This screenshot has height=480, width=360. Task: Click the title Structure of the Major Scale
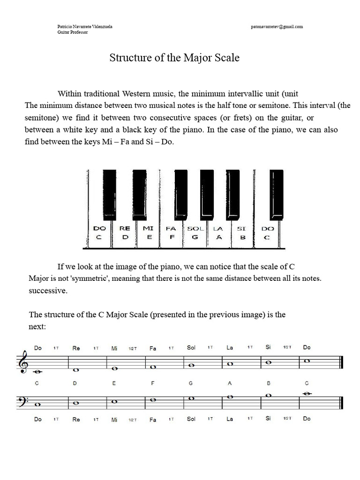tap(174, 58)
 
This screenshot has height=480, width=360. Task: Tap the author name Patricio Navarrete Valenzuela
tap(84, 27)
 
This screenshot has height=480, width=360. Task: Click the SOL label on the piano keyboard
tap(195, 229)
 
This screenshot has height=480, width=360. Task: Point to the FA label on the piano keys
tap(171, 229)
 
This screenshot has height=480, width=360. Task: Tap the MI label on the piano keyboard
tap(148, 229)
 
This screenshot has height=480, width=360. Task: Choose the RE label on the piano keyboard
tap(125, 229)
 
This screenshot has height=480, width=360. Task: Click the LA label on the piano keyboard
tap(218, 229)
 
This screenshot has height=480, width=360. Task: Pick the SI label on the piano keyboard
tap(241, 229)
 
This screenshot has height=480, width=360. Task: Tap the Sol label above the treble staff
tap(191, 348)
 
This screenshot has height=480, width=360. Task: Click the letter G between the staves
tap(191, 383)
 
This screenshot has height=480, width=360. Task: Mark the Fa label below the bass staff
tap(153, 420)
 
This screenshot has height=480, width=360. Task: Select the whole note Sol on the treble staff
tap(191, 366)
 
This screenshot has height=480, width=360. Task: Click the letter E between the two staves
tap(114, 383)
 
